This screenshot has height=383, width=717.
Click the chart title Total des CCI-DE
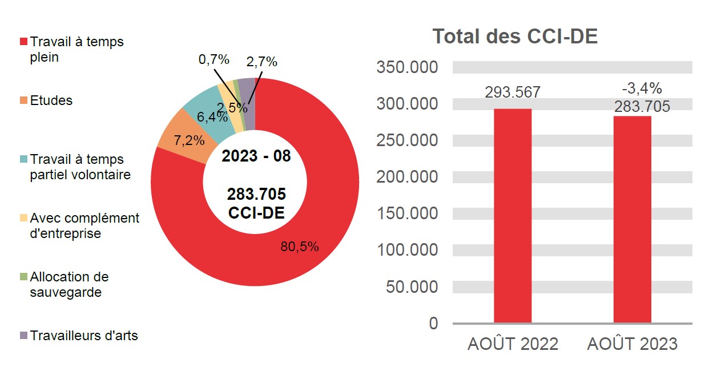point(515,37)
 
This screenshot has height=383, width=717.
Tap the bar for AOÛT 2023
point(632,219)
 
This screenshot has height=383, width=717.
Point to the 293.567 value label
point(512,92)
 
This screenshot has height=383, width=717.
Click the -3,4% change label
point(642,88)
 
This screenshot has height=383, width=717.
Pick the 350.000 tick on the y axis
point(407,67)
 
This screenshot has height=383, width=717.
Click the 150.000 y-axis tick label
point(407,213)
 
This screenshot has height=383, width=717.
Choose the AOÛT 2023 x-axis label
point(632,344)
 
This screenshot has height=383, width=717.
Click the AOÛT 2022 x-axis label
point(513,344)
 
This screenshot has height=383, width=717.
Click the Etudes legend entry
point(51,101)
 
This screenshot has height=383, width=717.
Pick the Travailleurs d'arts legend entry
point(83,336)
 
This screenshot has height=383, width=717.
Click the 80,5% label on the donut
point(299,247)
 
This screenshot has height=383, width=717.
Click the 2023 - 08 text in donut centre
point(256,156)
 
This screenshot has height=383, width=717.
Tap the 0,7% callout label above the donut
point(214,59)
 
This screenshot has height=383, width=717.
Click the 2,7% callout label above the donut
point(261,62)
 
